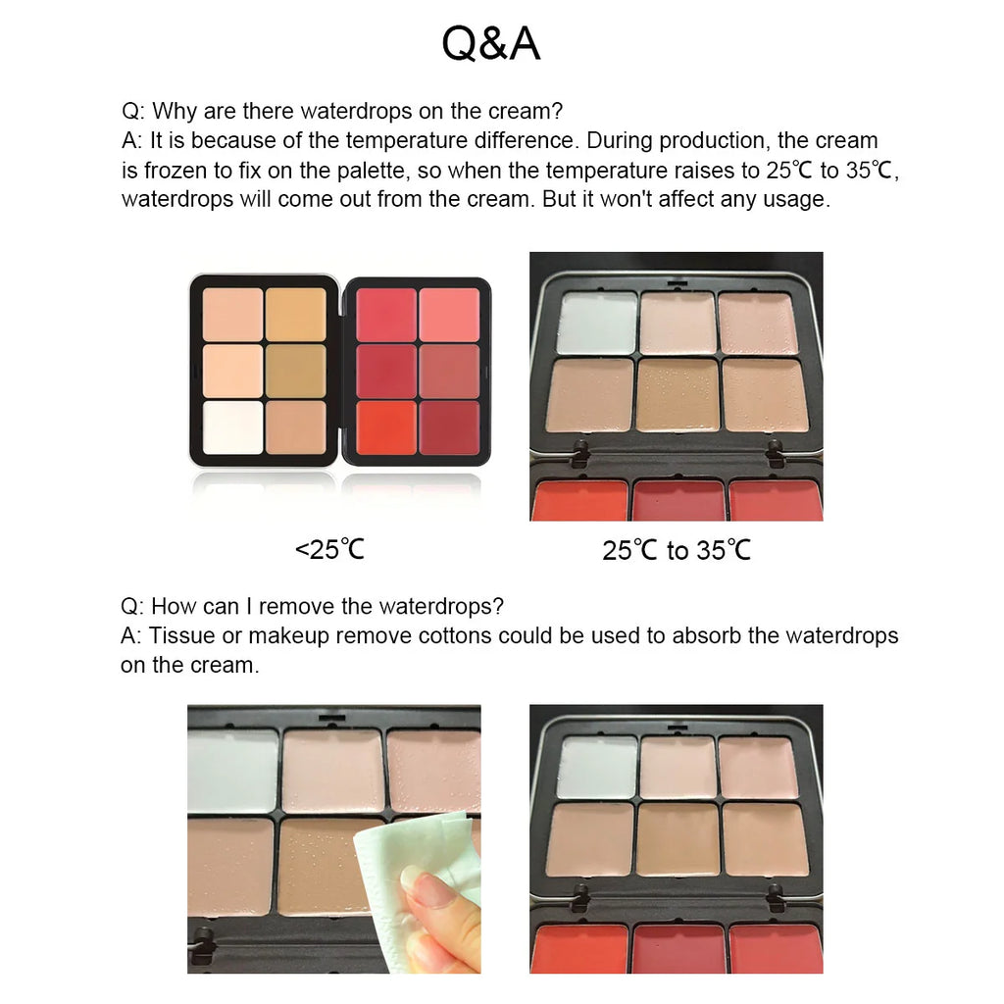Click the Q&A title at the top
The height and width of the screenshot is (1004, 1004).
point(490,44)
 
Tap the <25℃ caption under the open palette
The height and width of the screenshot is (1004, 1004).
point(329,549)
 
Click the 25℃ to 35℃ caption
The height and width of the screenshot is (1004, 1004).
point(677,550)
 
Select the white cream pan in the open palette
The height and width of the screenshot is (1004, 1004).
point(232,427)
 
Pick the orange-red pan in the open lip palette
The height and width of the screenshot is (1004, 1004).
point(386,427)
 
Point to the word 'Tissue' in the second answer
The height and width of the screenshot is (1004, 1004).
point(181,635)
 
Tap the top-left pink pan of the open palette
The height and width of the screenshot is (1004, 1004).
point(386,314)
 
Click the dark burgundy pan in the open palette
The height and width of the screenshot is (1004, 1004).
point(449,427)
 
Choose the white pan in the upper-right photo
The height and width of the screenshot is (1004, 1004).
point(596,324)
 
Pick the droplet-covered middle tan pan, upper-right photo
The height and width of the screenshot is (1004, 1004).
point(678,394)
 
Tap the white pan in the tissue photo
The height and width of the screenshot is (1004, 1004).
point(232,771)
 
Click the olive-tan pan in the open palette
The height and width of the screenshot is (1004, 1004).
point(294,371)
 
